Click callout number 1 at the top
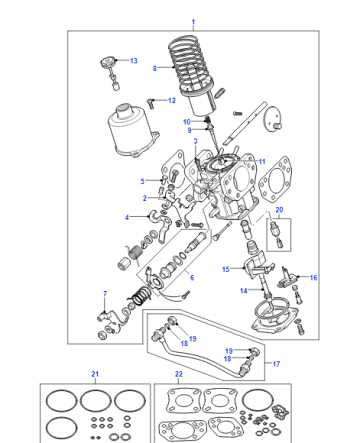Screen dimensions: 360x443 (x=193, y=22)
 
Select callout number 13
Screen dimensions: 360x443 (x=134, y=61)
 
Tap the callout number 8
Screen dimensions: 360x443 (x=155, y=68)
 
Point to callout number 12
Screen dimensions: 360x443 (x=172, y=100)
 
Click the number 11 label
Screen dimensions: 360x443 (x=262, y=162)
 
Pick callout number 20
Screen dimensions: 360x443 (x=279, y=210)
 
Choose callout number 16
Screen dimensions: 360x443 (x=313, y=277)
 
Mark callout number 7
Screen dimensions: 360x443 (x=105, y=294)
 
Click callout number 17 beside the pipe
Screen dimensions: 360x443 (x=276, y=364)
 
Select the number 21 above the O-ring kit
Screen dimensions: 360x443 (x=95, y=374)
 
